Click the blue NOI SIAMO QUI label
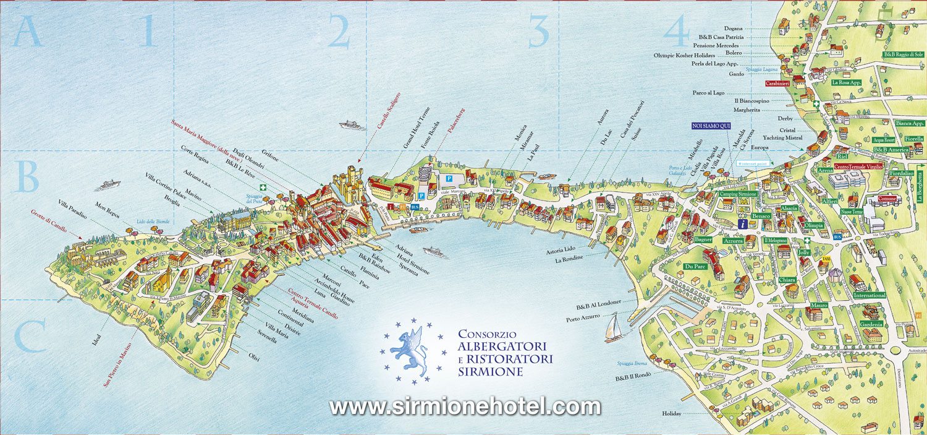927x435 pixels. pyautogui.click(x=711, y=126)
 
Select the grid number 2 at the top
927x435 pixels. pyautogui.click(x=339, y=33)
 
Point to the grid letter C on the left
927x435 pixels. pyautogui.click(x=29, y=337)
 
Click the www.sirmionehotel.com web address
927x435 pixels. pyautogui.click(x=465, y=407)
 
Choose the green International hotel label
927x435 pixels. pyautogui.click(x=870, y=295)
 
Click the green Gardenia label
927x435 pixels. pyautogui.click(x=871, y=324)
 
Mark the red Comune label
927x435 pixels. pyautogui.click(x=887, y=199)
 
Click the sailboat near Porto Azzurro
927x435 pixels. pyautogui.click(x=613, y=327)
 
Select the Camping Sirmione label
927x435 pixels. pyautogui.click(x=738, y=194)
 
